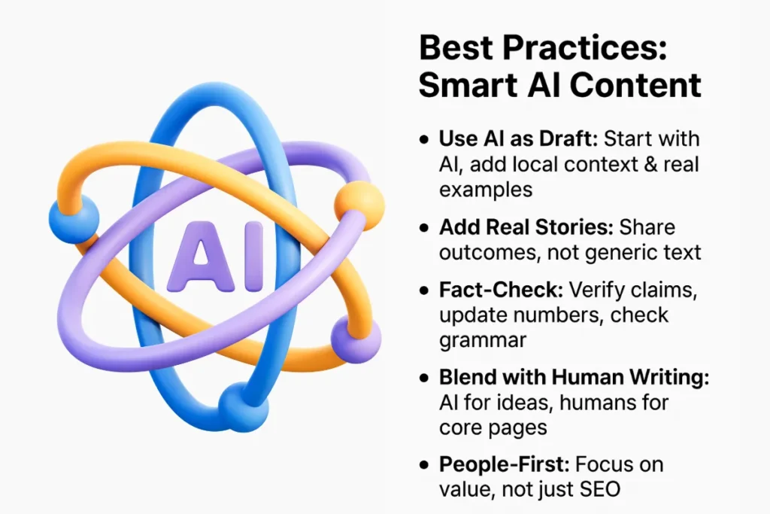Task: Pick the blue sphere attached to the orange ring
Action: click(74, 218)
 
